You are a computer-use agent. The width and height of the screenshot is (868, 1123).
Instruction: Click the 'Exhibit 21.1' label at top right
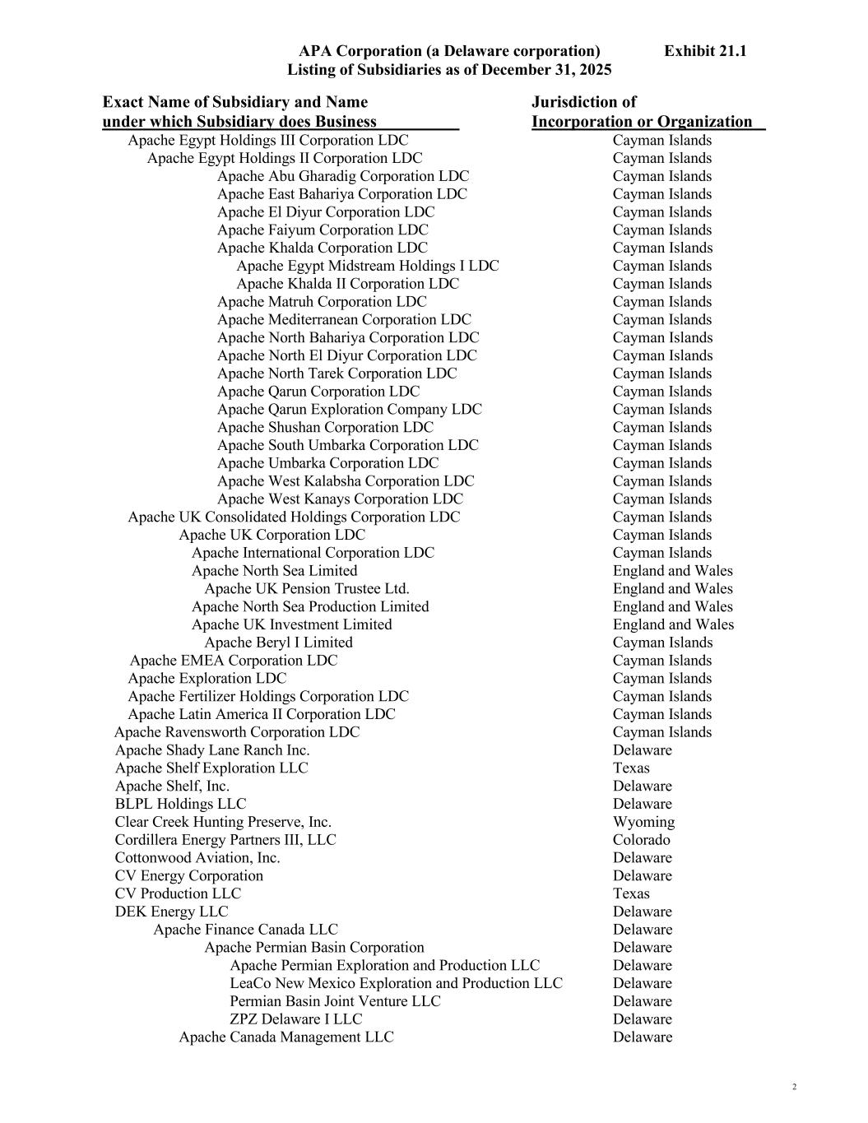tap(705, 51)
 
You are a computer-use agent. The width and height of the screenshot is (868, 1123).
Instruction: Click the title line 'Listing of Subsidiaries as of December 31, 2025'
tap(448, 70)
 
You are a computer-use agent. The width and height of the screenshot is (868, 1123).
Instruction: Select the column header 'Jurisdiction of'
tap(583, 102)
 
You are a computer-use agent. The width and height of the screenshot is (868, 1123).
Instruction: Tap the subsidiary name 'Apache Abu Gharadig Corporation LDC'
tap(343, 176)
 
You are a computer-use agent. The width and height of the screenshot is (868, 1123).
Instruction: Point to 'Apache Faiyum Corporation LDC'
tap(323, 230)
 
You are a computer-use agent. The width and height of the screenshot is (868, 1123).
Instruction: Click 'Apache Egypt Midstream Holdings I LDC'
tap(367, 266)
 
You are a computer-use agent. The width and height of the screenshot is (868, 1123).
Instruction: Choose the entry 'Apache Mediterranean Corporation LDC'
tap(344, 320)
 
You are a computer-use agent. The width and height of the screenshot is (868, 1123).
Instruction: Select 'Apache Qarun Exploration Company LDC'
tap(349, 410)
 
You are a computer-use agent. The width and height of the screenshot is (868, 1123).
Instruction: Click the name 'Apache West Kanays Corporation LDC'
tap(340, 499)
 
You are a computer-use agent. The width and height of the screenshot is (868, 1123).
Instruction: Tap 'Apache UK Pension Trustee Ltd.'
tap(306, 589)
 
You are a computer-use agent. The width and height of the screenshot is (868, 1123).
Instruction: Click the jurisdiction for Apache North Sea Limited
tap(672, 571)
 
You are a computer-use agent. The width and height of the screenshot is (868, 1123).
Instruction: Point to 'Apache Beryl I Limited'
tap(278, 643)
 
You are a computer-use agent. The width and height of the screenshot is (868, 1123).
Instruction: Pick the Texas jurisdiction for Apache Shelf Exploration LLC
tap(631, 768)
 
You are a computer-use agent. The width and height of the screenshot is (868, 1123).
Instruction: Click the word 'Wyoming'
tap(643, 822)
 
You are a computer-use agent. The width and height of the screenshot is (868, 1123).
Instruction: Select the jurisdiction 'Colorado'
tap(641, 840)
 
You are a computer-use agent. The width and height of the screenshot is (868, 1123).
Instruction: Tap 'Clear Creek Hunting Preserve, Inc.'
tap(223, 822)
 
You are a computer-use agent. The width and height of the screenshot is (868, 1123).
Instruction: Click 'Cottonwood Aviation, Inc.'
tap(197, 858)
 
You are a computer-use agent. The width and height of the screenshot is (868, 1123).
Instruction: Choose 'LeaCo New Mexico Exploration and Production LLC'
tap(396, 983)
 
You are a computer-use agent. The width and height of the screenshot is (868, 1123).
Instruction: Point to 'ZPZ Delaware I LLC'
tap(295, 1019)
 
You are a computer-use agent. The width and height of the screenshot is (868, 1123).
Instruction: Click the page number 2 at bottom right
tap(794, 1087)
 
